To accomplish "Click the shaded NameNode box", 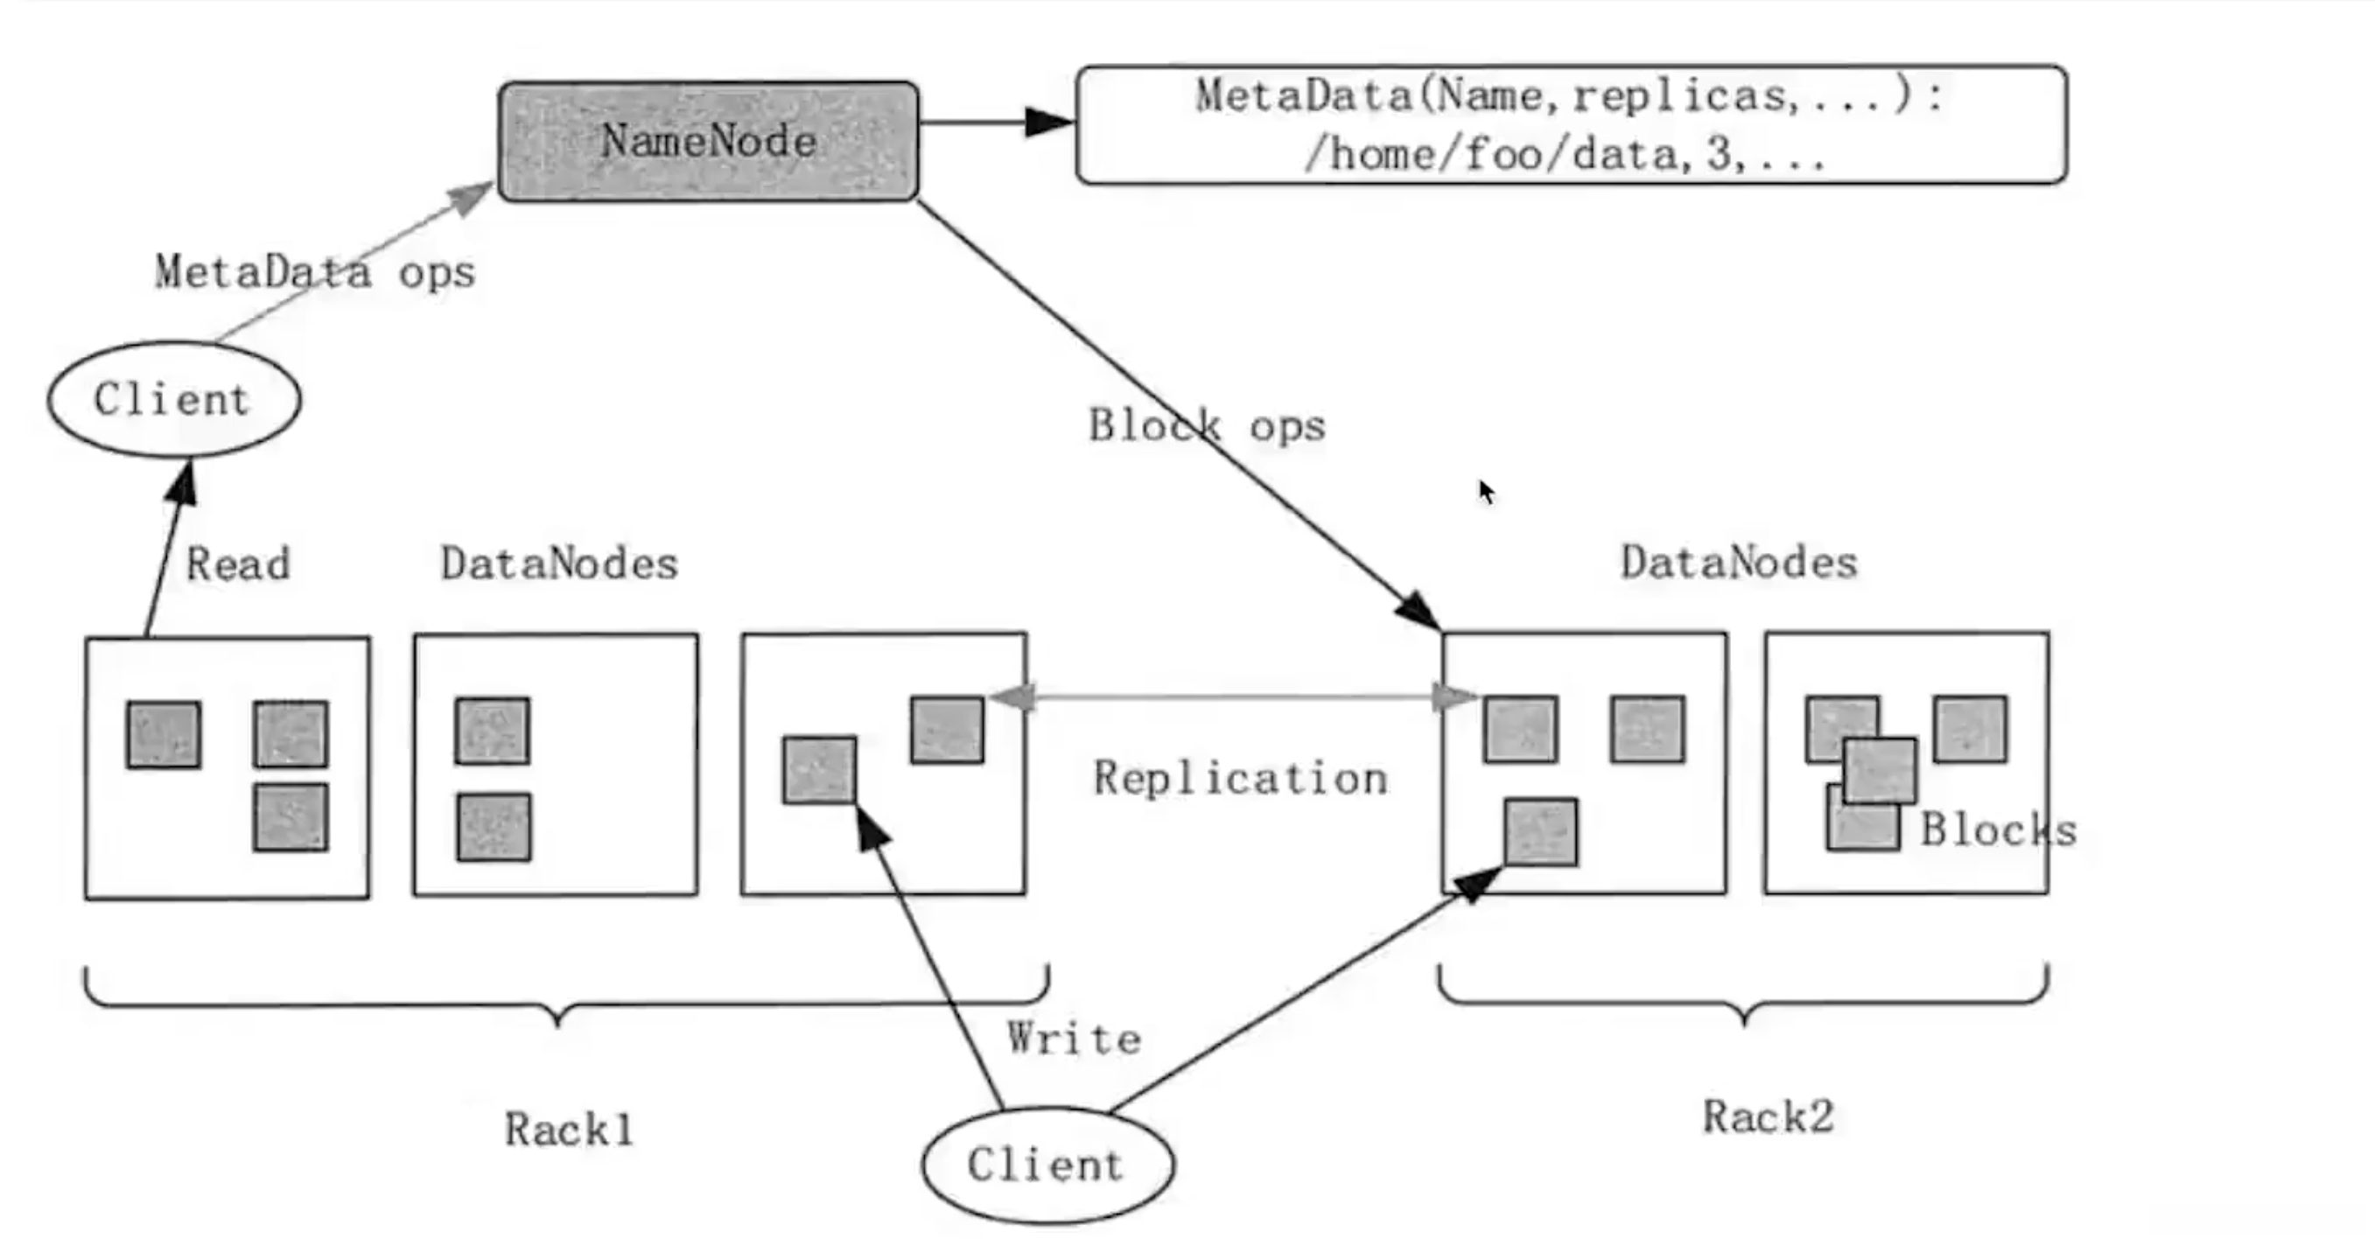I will click(x=708, y=141).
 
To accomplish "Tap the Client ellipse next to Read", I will click(x=173, y=399).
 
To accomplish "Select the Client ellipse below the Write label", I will click(x=1047, y=1165).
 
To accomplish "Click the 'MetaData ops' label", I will click(x=314, y=272).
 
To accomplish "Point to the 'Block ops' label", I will click(x=1206, y=426).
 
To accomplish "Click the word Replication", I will click(x=1240, y=778).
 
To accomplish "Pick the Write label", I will click(x=1074, y=1039).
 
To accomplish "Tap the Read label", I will click(x=238, y=563).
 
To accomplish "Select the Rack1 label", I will click(x=569, y=1130).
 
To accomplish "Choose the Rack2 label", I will click(x=1768, y=1116).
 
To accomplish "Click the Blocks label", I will click(x=1998, y=829).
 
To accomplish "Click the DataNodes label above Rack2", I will click(x=1739, y=563).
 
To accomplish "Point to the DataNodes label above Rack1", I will click(x=558, y=563).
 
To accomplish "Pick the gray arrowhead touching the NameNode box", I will click(x=472, y=196).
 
